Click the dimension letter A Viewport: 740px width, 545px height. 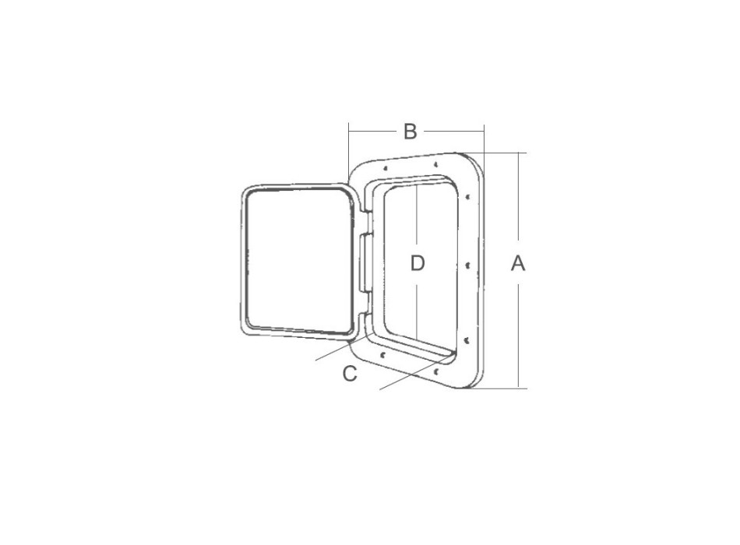pyautogui.click(x=518, y=264)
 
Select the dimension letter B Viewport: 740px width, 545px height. pyautogui.click(x=411, y=132)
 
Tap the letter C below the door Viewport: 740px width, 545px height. pyautogui.click(x=351, y=374)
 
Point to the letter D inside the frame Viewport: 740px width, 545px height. pyautogui.click(x=418, y=264)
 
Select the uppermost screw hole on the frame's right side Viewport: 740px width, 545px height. pyautogui.click(x=467, y=195)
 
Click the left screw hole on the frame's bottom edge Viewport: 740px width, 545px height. pyautogui.click(x=384, y=354)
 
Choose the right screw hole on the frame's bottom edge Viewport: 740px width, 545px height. pyautogui.click(x=437, y=371)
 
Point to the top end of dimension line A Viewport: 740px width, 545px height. pyautogui.click(x=518, y=153)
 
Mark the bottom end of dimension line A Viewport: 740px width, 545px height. pyautogui.click(x=518, y=387)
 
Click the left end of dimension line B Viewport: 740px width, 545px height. pyautogui.click(x=350, y=132)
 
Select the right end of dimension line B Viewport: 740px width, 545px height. pyautogui.click(x=484, y=132)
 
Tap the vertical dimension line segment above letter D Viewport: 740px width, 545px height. pyautogui.click(x=418, y=218)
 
